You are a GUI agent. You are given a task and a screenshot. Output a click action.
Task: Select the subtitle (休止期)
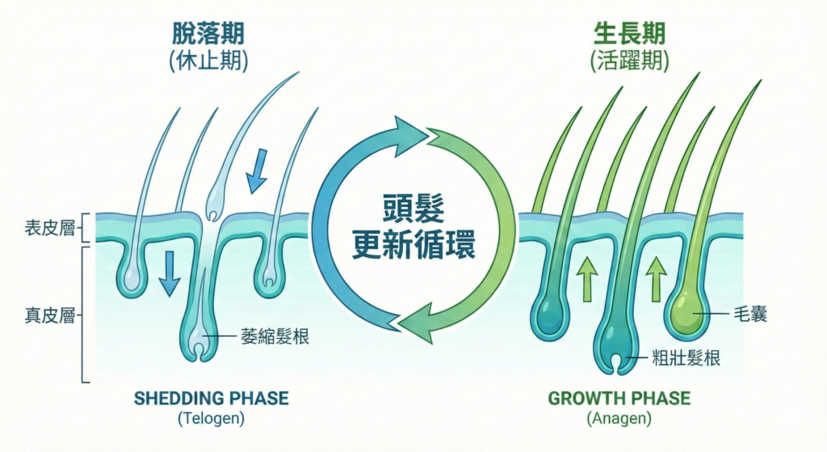pyautogui.click(x=208, y=62)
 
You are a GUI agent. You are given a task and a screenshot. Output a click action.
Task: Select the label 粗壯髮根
pyautogui.click(x=686, y=358)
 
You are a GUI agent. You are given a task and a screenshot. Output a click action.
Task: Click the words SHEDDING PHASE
pyautogui.click(x=211, y=398)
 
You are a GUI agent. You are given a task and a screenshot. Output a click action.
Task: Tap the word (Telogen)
pyautogui.click(x=211, y=419)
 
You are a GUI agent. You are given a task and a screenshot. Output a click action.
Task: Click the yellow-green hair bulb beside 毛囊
pyautogui.click(x=687, y=311)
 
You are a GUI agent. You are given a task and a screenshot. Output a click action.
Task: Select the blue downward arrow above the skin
pyautogui.click(x=256, y=171)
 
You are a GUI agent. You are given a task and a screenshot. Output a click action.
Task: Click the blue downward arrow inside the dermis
pyautogui.click(x=170, y=274)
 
